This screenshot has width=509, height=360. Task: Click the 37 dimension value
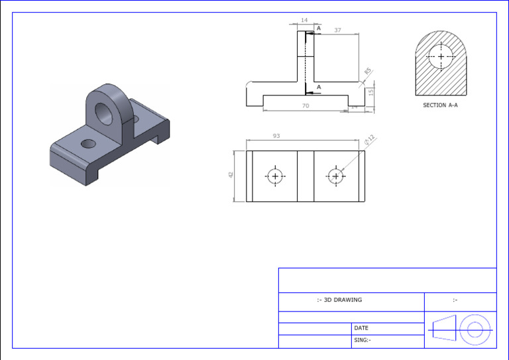(x=338, y=30)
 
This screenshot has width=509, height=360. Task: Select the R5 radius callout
(x=367, y=72)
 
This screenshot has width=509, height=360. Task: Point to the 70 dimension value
(x=306, y=106)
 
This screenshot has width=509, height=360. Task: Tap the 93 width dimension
(x=276, y=136)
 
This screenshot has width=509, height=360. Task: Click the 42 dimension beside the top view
(x=231, y=175)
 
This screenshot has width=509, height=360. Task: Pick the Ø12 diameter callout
(x=370, y=139)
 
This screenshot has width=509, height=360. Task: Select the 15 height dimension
(x=371, y=91)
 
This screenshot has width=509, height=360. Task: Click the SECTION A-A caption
(x=440, y=105)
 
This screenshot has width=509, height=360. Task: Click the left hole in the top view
(x=275, y=176)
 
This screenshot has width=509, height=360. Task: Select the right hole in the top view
(x=336, y=176)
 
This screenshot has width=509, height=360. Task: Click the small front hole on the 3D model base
(x=87, y=143)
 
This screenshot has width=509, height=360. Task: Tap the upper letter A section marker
(x=319, y=29)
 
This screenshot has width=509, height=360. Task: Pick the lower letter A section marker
(x=319, y=88)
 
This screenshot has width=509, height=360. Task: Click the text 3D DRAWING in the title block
(x=339, y=300)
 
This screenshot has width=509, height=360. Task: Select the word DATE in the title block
(x=361, y=328)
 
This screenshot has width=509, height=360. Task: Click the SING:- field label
(x=363, y=340)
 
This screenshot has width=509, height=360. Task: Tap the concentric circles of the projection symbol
(x=475, y=329)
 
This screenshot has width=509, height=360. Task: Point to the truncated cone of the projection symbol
(x=443, y=329)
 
